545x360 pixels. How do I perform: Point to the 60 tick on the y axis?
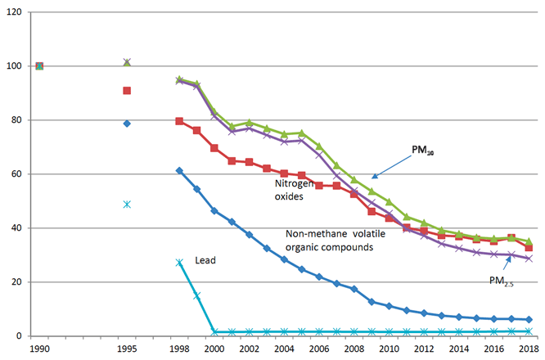(15, 174)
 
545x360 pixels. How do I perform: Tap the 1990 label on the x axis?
(38, 349)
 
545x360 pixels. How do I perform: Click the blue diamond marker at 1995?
(127, 124)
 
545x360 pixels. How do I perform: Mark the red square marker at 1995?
(127, 91)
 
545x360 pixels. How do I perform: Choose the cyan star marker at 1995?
(127, 204)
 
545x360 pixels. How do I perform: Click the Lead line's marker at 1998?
(179, 263)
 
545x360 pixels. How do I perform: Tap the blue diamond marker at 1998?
(179, 170)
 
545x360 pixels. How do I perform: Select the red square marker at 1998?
(179, 121)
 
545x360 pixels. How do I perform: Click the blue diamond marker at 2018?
(529, 319)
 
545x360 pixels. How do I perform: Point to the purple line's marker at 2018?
(529, 259)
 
